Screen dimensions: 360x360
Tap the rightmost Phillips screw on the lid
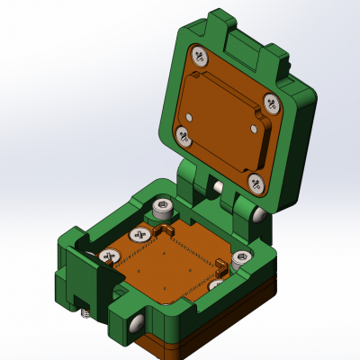[x=273, y=102]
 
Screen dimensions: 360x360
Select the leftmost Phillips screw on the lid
[x=184, y=137]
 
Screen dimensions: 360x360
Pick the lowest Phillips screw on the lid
[x=256, y=184]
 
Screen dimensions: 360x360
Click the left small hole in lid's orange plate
[x=190, y=116]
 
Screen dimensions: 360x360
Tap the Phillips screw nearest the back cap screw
[x=139, y=235]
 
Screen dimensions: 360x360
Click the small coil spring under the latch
[x=85, y=314]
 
